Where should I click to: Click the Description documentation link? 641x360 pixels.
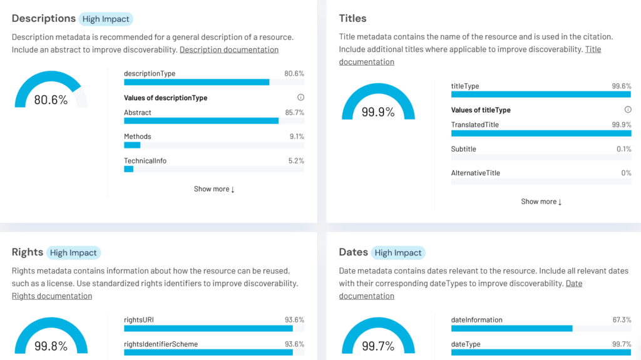tap(228, 49)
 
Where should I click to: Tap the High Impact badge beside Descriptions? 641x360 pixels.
tap(106, 19)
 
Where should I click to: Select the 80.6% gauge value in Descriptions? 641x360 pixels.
tap(51, 100)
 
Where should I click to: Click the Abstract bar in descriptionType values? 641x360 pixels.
tap(201, 121)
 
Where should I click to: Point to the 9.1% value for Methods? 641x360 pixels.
tap(296, 136)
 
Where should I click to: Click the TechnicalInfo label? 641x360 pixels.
tap(145, 161)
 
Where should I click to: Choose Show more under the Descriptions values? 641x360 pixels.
tap(214, 189)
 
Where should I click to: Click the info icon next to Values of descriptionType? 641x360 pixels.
tap(300, 98)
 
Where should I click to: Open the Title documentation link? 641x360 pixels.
tap(593, 49)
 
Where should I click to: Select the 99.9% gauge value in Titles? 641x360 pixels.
tap(378, 112)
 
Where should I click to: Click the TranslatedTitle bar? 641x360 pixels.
tap(541, 133)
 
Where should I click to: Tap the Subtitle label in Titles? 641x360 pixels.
tap(464, 149)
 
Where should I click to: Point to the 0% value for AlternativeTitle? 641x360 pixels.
tap(626, 173)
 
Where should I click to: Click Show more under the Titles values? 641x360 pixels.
tap(541, 202)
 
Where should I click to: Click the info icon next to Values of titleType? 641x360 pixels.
tap(628, 110)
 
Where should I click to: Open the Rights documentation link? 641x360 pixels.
tap(52, 296)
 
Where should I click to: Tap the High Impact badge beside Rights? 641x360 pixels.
tap(73, 253)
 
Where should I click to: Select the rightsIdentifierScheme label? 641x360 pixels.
tap(161, 344)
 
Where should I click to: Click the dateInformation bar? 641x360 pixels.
tap(511, 328)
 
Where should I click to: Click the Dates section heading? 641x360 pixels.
tap(353, 252)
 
